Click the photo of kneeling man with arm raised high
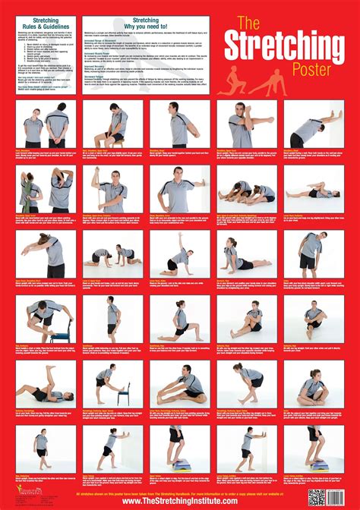pos(179,255)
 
